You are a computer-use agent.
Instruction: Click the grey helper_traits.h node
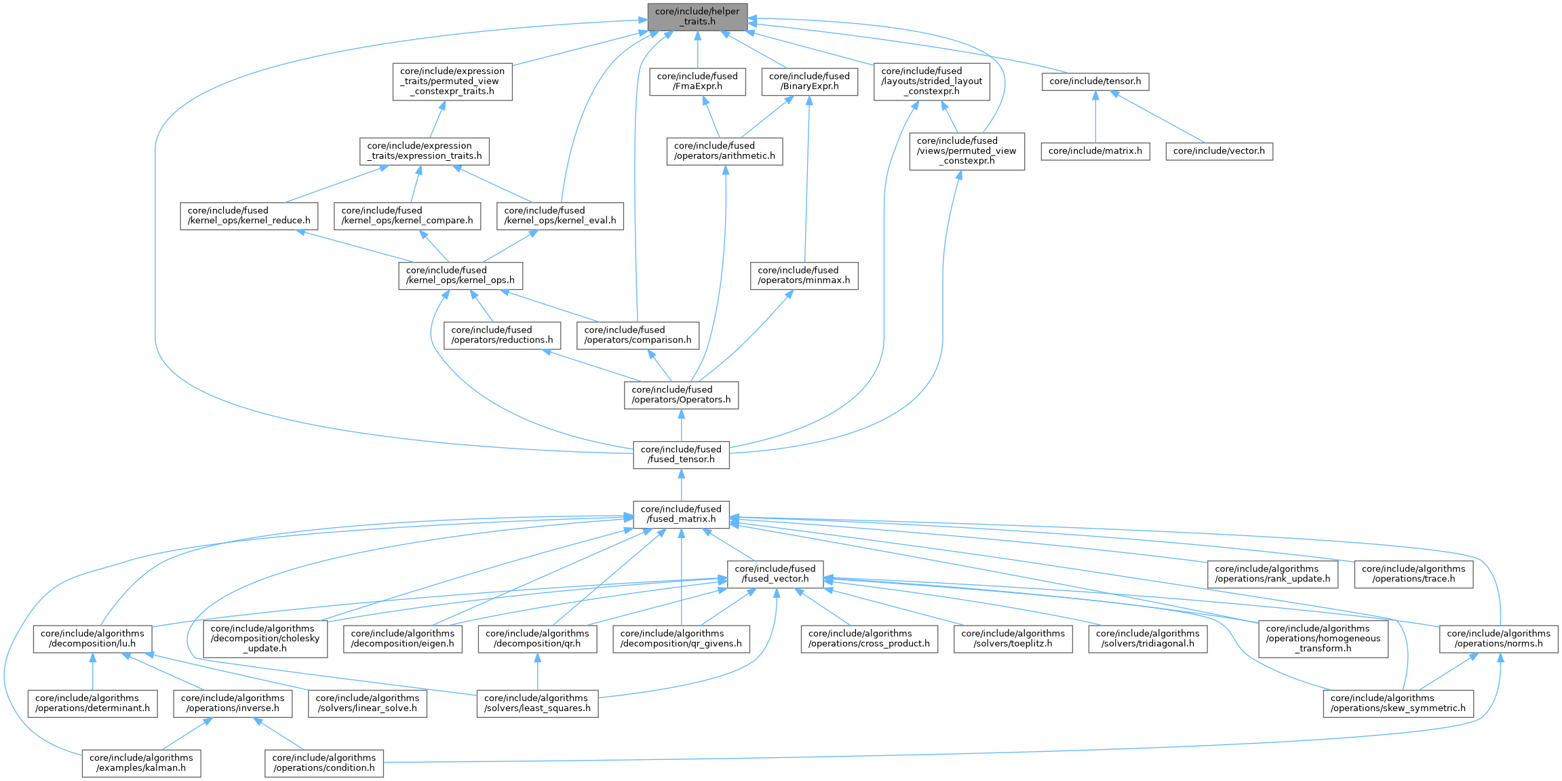[697, 17]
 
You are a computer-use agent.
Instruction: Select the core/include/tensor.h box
[1095, 81]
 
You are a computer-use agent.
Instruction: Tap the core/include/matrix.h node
[1095, 151]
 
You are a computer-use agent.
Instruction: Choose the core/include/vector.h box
[1219, 151]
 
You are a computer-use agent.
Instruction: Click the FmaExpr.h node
[697, 81]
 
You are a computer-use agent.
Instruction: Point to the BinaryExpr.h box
[809, 81]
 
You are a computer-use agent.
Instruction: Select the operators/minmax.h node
[804, 275]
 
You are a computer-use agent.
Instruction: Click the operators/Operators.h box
[681, 395]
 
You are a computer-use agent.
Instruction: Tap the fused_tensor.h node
[681, 455]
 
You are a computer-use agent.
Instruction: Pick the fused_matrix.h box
[681, 514]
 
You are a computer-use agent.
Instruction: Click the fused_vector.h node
[775, 574]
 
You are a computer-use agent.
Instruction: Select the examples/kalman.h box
[141, 763]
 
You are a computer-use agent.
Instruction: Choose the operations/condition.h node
[324, 763]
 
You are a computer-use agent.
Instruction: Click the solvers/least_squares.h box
[537, 703]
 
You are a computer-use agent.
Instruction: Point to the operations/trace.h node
[1413, 574]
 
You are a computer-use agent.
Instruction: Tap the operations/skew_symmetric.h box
[1398, 703]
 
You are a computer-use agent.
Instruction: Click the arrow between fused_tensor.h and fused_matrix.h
[681, 484]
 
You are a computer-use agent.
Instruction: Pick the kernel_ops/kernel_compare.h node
[407, 216]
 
